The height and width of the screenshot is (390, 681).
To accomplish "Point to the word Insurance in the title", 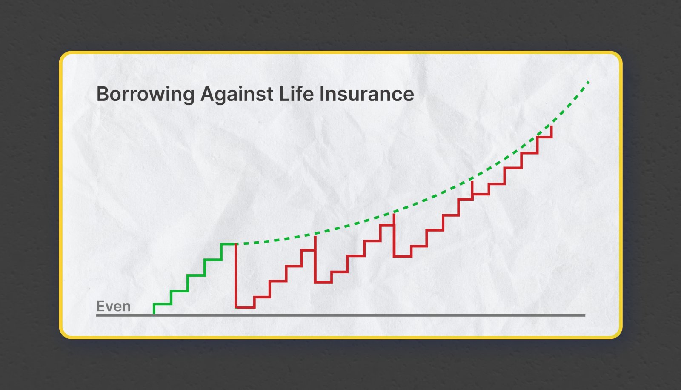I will click(x=367, y=94).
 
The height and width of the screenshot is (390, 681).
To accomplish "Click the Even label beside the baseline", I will click(x=113, y=306).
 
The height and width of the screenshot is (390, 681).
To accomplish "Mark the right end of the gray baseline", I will click(x=585, y=315).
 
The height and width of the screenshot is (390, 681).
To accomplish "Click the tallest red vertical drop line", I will click(x=236, y=275).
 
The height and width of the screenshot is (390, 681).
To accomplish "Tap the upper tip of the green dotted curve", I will click(x=589, y=81).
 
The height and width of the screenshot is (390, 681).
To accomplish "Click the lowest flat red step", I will click(x=245, y=307).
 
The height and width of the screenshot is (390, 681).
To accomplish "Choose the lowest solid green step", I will click(x=162, y=304).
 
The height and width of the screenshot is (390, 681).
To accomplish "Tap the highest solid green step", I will click(x=229, y=244).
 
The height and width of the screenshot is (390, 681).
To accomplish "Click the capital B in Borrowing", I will click(x=103, y=94).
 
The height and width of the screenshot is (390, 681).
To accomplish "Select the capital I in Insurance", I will click(x=322, y=94).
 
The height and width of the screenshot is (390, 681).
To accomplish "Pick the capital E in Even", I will click(x=100, y=306).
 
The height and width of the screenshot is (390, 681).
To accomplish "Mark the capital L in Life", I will click(x=283, y=94).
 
